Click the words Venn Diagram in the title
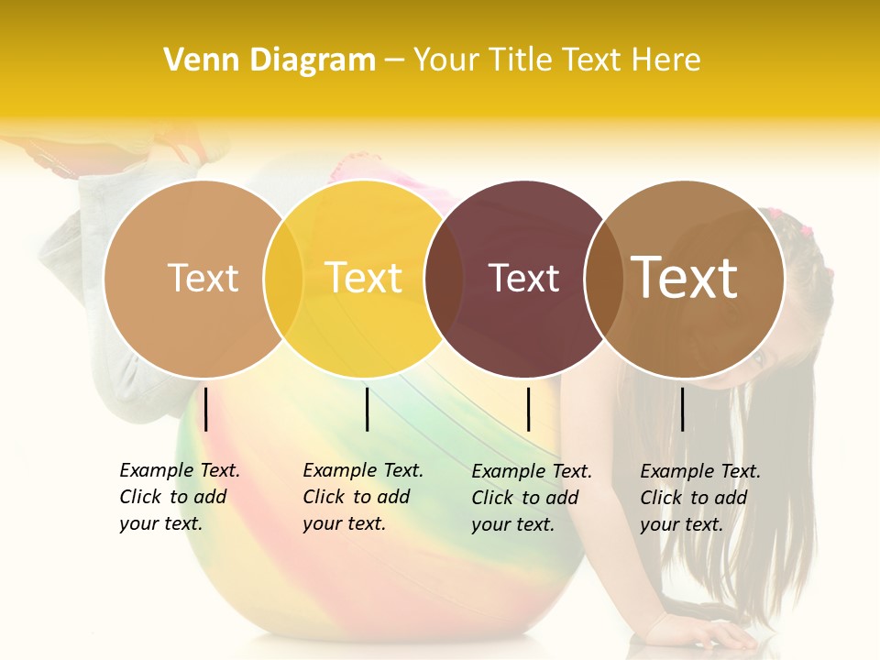[269, 60]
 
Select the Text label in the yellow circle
[364, 278]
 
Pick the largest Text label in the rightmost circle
[685, 278]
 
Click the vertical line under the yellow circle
[367, 409]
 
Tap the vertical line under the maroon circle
[528, 409]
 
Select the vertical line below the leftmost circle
[206, 409]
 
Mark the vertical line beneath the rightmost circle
[682, 409]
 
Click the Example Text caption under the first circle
[180, 497]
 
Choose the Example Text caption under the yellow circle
[363, 497]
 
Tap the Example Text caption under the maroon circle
[532, 498]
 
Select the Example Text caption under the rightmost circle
[700, 498]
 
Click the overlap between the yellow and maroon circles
[445, 279]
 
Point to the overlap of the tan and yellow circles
[283, 279]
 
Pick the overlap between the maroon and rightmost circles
[604, 279]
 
